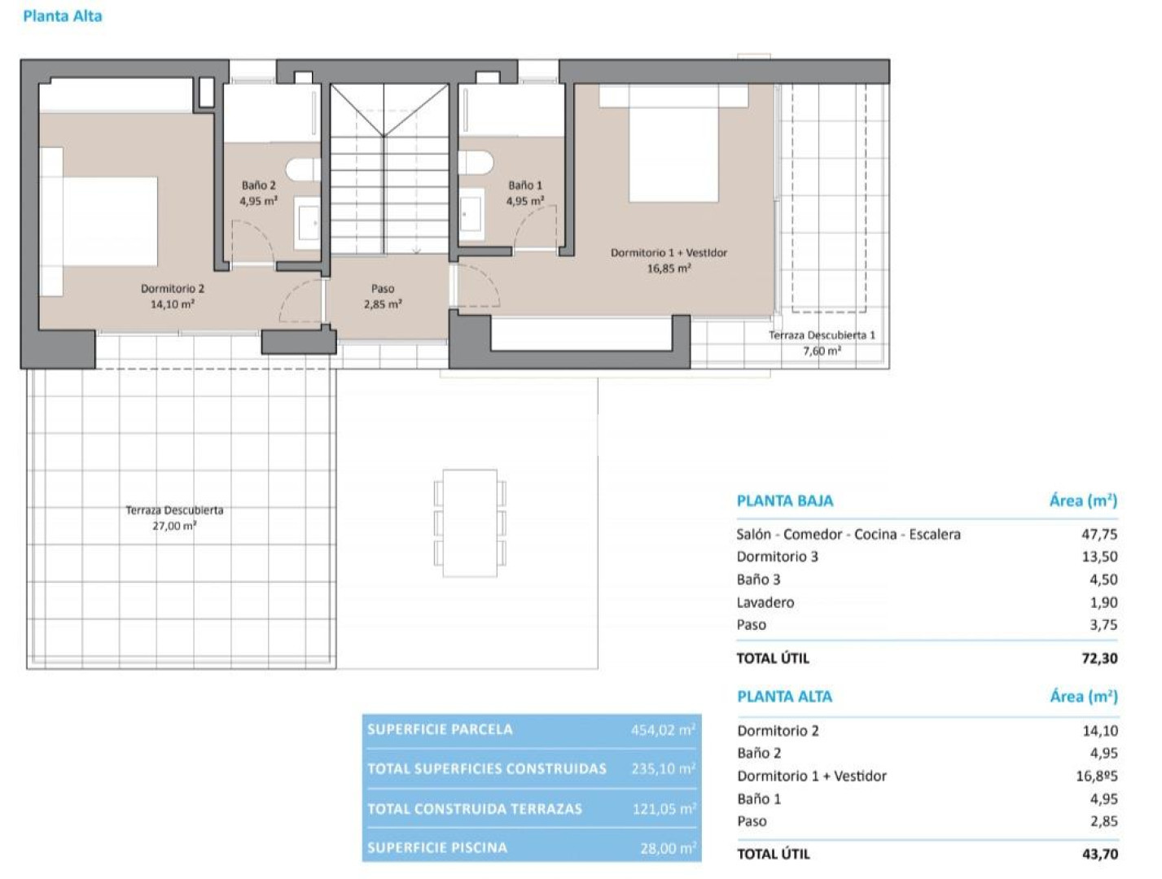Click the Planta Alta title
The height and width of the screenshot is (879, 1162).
coord(63,16)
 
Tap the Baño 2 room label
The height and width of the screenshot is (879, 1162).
coord(258,185)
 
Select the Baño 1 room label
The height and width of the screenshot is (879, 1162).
coord(524,185)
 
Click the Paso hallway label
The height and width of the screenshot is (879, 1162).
coord(382,289)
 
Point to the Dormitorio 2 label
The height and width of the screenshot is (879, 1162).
coord(172,289)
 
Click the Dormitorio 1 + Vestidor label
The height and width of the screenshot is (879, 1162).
coord(669,253)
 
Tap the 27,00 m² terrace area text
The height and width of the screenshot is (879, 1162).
coord(174,526)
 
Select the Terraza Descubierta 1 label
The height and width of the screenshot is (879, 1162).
coord(822,335)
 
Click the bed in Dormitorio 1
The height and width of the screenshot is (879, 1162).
coord(673,143)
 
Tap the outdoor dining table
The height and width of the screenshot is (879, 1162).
coord(470,523)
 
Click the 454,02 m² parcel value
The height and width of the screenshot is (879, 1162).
coord(663,730)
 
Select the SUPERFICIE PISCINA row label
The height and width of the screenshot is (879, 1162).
coord(437,847)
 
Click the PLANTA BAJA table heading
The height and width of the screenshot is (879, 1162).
coord(785,501)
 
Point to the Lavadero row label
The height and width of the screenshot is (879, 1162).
coord(765,601)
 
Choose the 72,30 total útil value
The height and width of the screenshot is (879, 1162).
coord(1099,658)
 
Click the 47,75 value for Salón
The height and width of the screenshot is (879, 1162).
coord(1099,534)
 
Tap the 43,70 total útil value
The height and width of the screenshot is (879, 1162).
coord(1100,854)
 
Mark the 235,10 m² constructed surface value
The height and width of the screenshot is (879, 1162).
coord(664,768)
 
